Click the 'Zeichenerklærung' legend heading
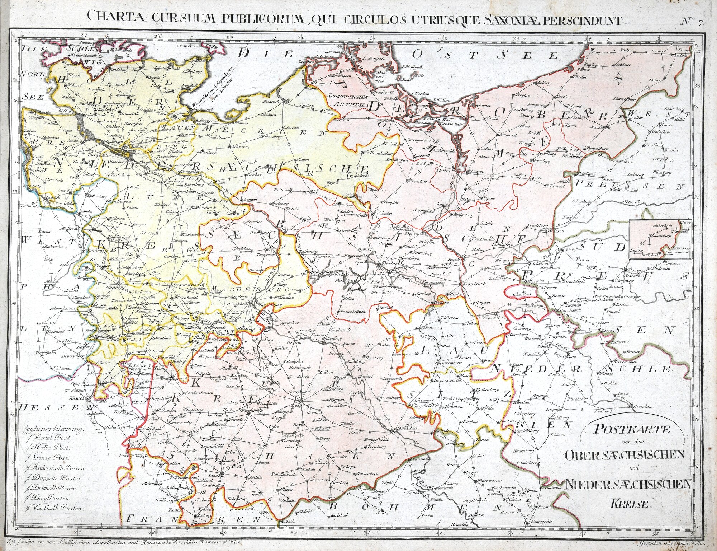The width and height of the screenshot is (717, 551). click(x=53, y=429)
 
